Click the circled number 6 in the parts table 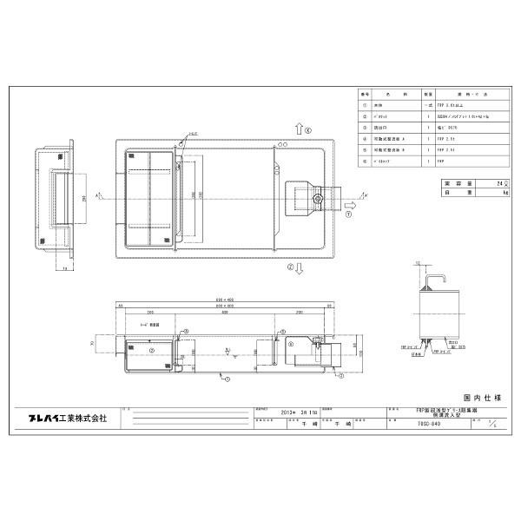pyautogui.click(x=365, y=161)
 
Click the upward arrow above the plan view pyautogui.click(x=297, y=128)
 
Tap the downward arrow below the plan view pyautogui.click(x=297, y=269)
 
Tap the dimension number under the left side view pyautogui.click(x=66, y=269)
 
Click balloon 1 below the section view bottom pyautogui.click(x=225, y=378)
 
